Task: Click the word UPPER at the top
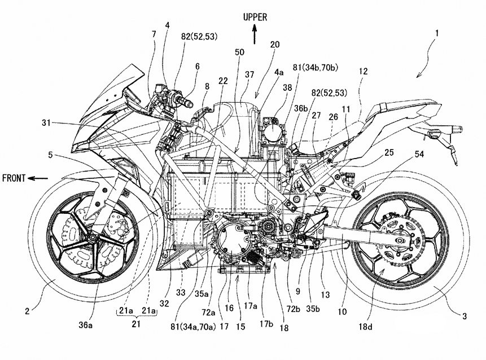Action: tap(255, 17)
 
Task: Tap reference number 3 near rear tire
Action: tap(465, 317)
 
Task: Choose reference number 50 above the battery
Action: tap(240, 52)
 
